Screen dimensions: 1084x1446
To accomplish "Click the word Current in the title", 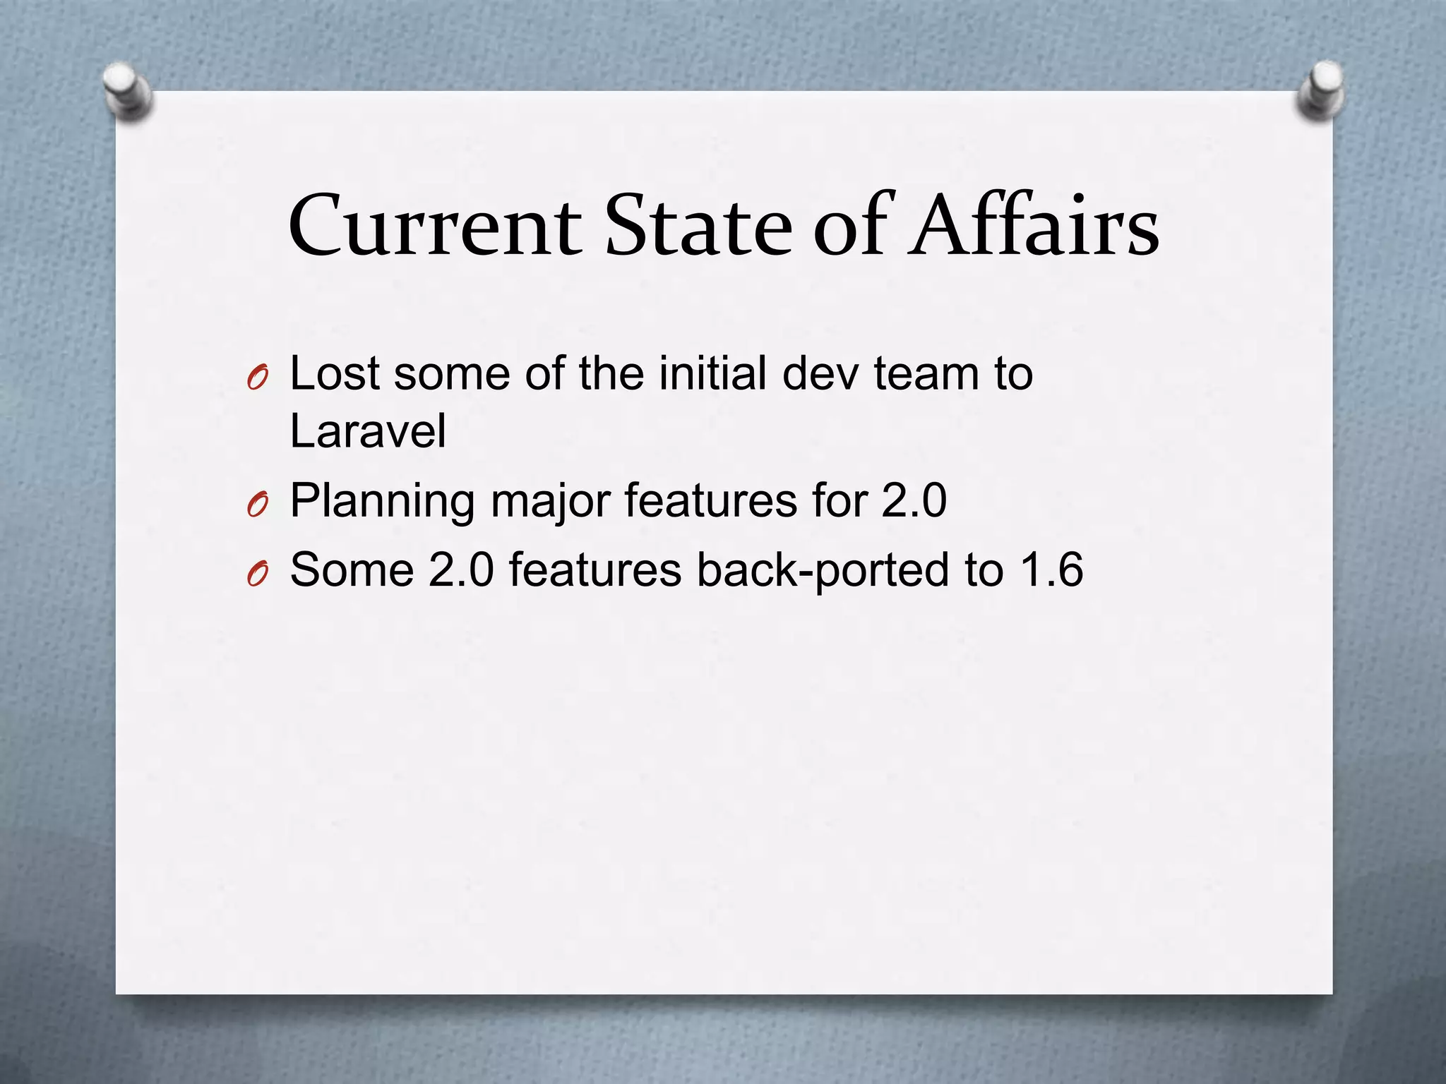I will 435,227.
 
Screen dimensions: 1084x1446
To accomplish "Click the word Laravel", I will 368,430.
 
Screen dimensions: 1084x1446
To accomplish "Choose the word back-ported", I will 823,570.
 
